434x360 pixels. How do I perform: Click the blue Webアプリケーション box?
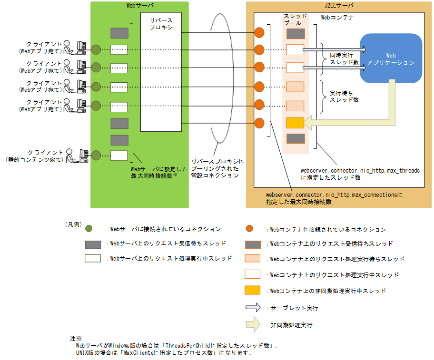(x=391, y=58)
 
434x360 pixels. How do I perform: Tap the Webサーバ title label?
(x=139, y=5)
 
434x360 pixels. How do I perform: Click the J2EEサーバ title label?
(x=339, y=5)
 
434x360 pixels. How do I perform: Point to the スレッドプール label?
(x=295, y=19)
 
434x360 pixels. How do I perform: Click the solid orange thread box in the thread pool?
(x=295, y=123)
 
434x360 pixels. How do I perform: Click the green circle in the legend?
(x=89, y=229)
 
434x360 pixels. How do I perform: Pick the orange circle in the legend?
(x=249, y=229)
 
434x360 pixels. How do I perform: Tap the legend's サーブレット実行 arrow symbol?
(x=253, y=308)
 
